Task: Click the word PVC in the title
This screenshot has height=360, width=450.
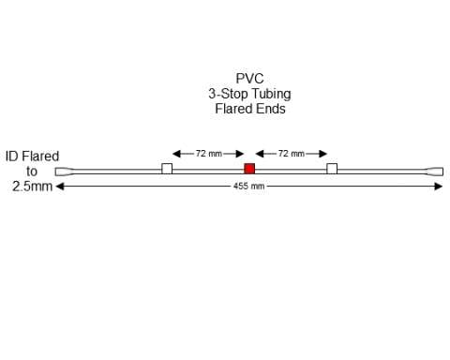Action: (x=249, y=80)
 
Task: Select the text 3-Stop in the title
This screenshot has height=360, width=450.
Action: (x=226, y=94)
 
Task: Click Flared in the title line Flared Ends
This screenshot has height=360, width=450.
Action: (x=233, y=109)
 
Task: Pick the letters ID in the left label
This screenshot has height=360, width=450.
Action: (x=13, y=157)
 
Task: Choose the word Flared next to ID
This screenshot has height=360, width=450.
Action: (x=41, y=157)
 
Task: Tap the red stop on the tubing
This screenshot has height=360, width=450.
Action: (x=249, y=169)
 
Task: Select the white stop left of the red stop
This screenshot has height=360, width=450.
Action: (x=167, y=169)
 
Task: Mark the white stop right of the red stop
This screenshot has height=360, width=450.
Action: (x=332, y=169)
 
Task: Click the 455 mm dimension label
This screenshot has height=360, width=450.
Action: (x=249, y=187)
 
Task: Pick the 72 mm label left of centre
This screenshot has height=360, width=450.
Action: (x=208, y=153)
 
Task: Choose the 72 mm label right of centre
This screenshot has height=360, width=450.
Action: (x=291, y=153)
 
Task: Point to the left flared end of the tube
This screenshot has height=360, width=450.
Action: (x=63, y=172)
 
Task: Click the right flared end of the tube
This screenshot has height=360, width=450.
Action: (x=435, y=172)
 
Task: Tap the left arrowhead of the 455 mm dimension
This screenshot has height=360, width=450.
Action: (x=60, y=186)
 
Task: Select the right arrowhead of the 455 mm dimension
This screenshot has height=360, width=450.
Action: (x=439, y=186)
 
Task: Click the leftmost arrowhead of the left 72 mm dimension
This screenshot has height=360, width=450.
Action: (x=175, y=153)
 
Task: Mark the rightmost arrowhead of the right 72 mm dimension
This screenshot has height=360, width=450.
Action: (x=324, y=153)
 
